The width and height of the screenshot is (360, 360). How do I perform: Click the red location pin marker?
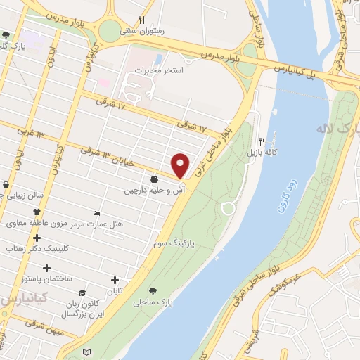point(181,165)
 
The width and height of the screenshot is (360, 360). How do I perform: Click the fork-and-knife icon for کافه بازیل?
point(262,141)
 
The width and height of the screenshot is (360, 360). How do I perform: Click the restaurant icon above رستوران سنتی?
point(142,20)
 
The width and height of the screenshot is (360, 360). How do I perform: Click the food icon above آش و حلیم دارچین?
point(153,179)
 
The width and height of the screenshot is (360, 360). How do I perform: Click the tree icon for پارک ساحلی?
point(153,290)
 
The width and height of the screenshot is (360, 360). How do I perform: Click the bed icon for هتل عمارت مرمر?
point(96,212)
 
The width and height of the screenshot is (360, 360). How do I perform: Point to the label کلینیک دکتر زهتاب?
point(34,248)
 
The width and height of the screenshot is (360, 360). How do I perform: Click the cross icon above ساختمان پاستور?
point(47,268)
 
